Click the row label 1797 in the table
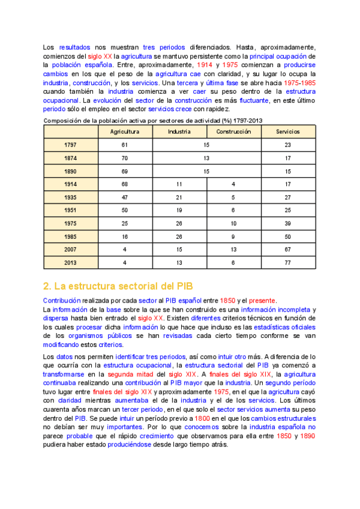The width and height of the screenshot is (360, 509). point(71,145)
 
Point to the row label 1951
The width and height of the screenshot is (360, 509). point(71,211)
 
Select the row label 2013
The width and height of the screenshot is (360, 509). point(71,262)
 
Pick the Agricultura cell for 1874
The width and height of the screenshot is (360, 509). point(125,158)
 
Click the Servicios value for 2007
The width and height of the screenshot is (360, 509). point(288,249)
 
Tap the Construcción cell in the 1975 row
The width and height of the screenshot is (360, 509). point(233,223)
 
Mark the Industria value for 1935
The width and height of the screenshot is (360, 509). point(179,197)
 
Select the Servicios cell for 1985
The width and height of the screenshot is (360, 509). point(288,236)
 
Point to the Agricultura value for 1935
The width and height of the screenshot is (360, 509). point(125,197)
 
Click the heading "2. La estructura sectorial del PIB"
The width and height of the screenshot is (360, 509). point(118,285)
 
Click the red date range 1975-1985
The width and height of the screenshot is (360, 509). point(300,82)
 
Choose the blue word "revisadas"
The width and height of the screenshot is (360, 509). point(175,336)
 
